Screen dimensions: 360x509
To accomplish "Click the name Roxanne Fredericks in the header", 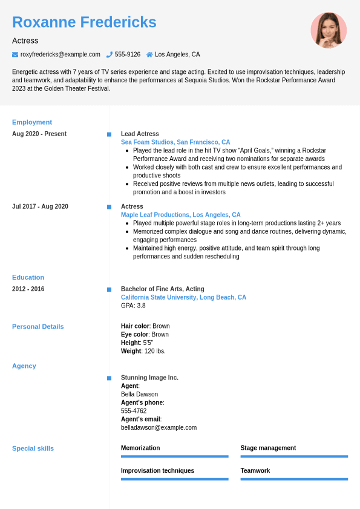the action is [x=84, y=22].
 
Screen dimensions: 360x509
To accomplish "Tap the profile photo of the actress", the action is [x=329, y=30].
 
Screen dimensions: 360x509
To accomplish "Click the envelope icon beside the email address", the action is [x=15, y=54].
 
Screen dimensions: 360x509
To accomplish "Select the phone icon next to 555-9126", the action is [x=110, y=54].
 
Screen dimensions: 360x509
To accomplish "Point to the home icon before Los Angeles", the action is [x=149, y=54].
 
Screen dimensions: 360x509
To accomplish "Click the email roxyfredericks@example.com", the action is [x=61, y=54].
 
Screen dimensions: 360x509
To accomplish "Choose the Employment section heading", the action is [x=32, y=122].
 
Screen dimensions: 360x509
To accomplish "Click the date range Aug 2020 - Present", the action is [x=39, y=134].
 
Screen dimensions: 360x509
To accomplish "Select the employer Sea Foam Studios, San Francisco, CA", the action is [x=175, y=142].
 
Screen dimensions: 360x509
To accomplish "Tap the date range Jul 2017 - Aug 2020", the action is [x=40, y=206].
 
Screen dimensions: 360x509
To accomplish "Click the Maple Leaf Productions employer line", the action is [x=180, y=215].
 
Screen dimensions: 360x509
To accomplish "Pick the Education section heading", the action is [x=28, y=277].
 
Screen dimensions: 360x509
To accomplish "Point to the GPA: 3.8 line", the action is [x=133, y=306].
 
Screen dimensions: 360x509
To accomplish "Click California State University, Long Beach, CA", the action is [x=183, y=297].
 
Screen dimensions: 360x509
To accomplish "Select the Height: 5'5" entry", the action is [x=137, y=343].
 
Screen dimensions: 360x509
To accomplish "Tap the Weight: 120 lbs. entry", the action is [x=143, y=351].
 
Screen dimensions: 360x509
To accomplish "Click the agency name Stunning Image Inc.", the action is [x=149, y=378].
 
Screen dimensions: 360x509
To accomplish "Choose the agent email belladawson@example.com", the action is [x=159, y=427].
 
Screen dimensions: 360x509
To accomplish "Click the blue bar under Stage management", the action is [x=294, y=456].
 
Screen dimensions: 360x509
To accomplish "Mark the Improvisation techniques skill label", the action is [x=157, y=470].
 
